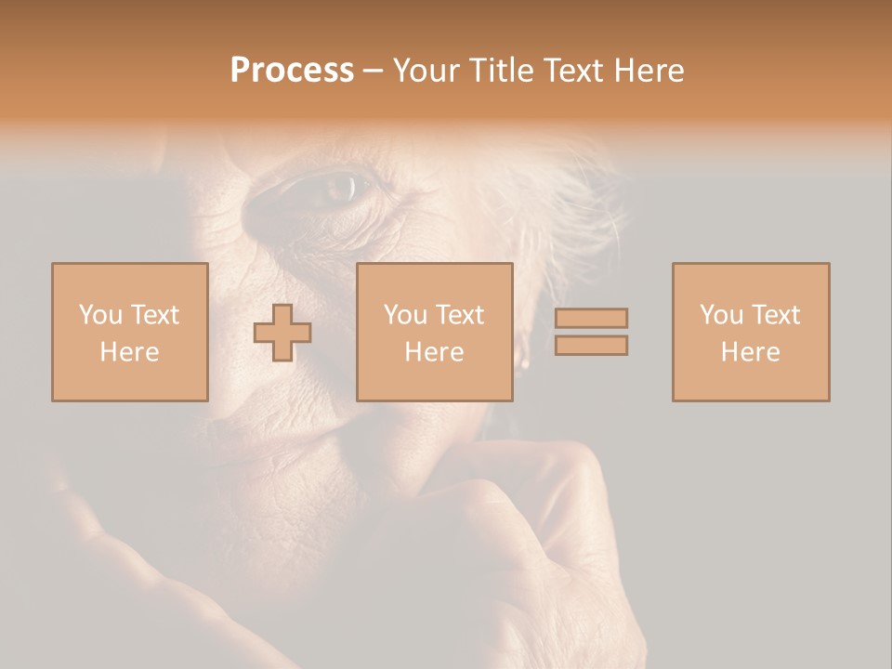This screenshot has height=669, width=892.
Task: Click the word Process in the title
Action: [x=292, y=71]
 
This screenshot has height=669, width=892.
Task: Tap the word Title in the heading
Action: [x=506, y=71]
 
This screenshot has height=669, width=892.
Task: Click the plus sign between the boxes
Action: [x=282, y=333]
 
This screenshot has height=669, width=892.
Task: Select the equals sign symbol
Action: [x=591, y=332]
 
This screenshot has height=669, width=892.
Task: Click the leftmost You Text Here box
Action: [x=129, y=333]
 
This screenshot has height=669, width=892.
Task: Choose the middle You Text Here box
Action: [x=435, y=333]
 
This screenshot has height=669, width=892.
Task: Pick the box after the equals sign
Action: [x=751, y=333]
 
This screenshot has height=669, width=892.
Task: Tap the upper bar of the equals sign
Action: [x=591, y=318]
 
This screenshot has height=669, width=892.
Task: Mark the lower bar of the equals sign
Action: [x=591, y=346]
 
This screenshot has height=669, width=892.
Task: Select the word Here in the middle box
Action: [x=435, y=352]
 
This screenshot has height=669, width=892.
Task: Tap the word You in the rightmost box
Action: [x=722, y=315]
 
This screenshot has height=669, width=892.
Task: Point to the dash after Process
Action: [x=374, y=71]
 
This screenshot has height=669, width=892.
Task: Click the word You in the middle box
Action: [x=406, y=315]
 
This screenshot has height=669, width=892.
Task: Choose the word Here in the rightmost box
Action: [x=751, y=352]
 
